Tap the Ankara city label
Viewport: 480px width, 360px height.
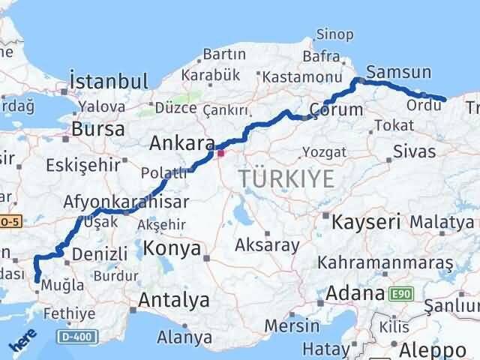coord(181,142)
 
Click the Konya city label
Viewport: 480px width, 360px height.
coord(172,248)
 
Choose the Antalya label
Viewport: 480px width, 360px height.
coord(174,301)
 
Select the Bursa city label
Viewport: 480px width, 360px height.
coord(98,129)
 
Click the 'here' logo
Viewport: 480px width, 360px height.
coord(23,342)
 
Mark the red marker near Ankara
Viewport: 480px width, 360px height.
coord(220,153)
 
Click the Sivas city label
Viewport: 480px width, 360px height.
coord(414,151)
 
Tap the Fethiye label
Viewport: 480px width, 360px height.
coord(70,313)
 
